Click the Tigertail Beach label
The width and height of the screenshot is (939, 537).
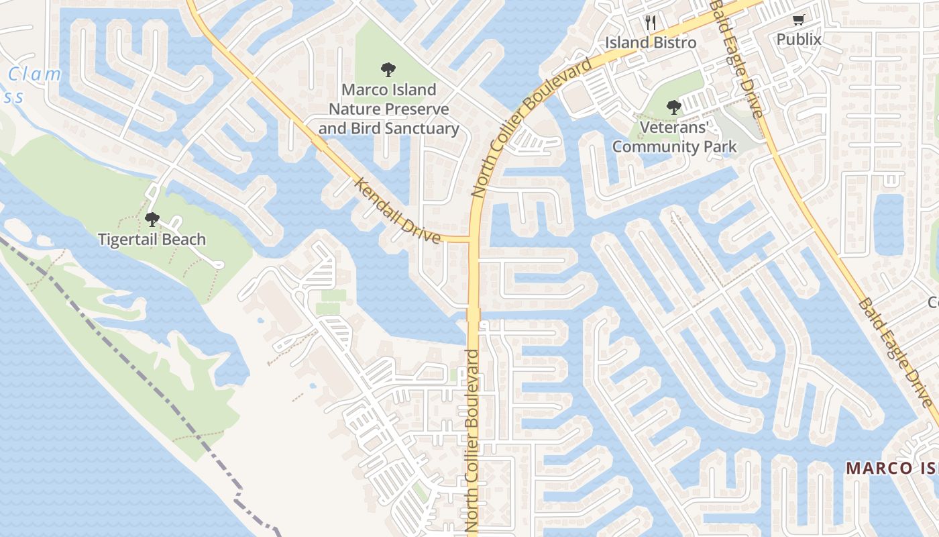click(152, 240)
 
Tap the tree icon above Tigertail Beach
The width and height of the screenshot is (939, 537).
click(152, 219)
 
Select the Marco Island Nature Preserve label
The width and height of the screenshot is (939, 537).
click(388, 109)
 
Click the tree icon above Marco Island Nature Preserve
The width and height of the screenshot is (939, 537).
click(387, 69)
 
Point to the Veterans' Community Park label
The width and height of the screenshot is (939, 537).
click(674, 137)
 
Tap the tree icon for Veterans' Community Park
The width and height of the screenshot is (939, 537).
click(673, 107)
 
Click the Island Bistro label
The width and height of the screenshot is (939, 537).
click(651, 43)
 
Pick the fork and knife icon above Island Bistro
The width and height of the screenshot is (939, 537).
click(650, 23)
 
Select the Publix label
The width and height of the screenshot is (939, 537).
click(799, 40)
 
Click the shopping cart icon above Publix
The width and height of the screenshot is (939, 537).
click(798, 20)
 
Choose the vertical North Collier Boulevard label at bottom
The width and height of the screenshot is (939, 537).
click(473, 443)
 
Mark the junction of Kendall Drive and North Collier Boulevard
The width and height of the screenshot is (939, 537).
click(474, 239)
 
